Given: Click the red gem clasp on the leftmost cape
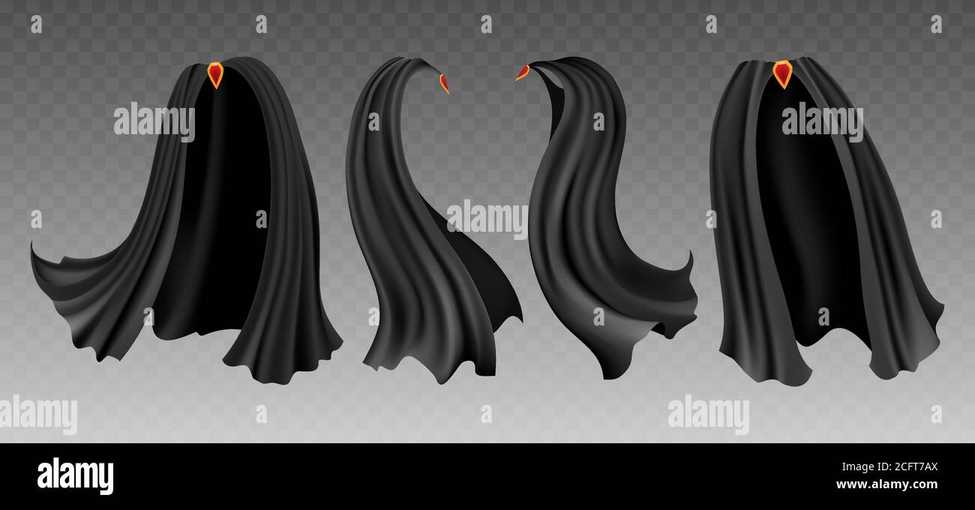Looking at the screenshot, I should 215,74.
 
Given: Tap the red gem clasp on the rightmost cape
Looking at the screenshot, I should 782,73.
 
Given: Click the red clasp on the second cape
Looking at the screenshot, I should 444,83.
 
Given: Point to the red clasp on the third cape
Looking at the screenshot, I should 522,72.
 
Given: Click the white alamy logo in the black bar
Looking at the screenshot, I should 75,476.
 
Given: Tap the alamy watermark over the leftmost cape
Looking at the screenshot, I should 154,121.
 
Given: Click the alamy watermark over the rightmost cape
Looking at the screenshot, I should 822,121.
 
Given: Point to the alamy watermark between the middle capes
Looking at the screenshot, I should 487,219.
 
